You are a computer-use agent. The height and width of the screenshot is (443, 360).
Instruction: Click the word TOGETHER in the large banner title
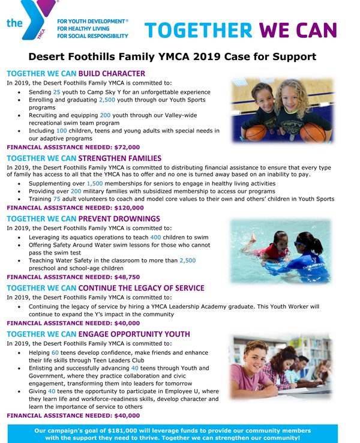click(197, 29)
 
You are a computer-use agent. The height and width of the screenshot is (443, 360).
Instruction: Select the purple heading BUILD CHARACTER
click(112, 74)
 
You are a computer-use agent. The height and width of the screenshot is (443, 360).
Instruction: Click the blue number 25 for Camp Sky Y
click(57, 92)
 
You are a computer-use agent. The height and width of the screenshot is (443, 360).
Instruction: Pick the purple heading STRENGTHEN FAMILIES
click(124, 158)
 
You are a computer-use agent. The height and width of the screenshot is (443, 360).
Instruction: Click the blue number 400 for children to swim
click(155, 238)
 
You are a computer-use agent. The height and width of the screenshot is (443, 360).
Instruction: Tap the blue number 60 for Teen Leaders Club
click(55, 352)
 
